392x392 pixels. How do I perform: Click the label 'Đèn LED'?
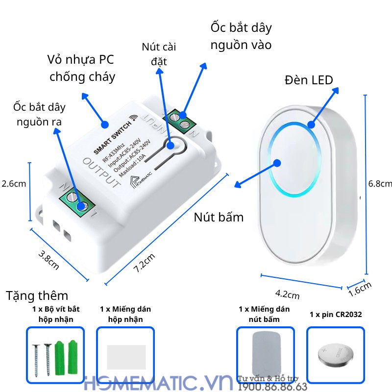309,80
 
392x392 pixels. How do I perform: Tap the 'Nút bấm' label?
219,217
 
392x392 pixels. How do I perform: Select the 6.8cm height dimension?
380,183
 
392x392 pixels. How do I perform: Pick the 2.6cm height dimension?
13,184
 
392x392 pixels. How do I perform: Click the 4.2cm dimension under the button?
287,294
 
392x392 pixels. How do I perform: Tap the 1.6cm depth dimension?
360,289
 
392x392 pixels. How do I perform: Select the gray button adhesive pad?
265,353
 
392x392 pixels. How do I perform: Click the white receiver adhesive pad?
125,356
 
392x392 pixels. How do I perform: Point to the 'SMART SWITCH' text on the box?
112,135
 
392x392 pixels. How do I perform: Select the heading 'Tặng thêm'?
37,295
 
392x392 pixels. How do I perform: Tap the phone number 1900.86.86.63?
272,387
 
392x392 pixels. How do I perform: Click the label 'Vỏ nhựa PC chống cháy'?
82,68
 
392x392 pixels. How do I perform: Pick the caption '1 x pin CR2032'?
336,314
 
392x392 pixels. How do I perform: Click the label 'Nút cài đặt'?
159,54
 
